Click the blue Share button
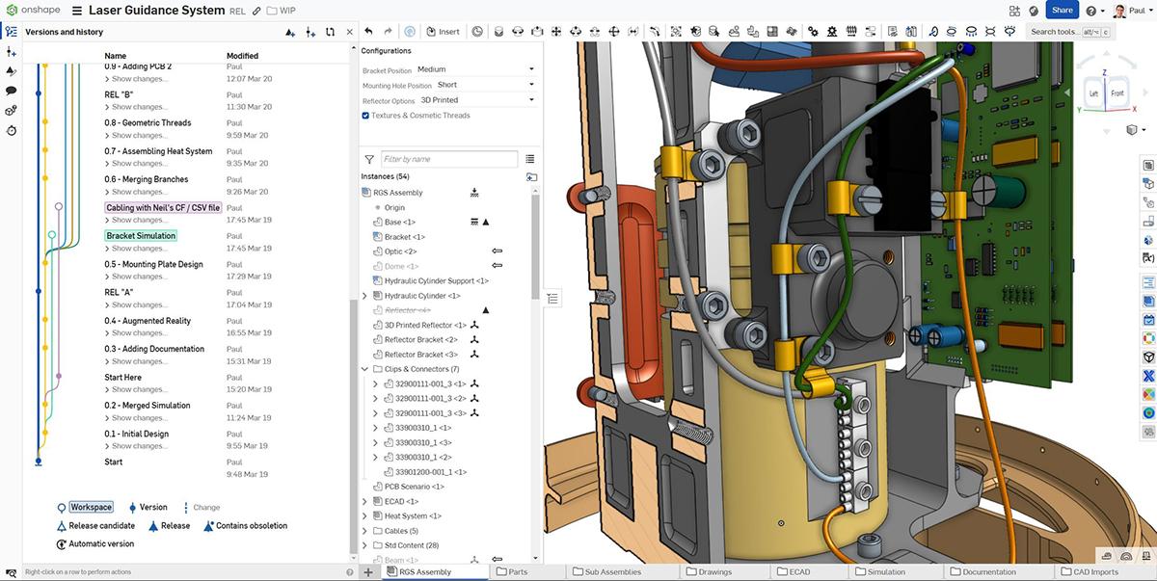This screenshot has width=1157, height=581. [1062, 11]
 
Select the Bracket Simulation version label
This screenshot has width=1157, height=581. [141, 236]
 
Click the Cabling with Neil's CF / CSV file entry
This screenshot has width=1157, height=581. [163, 207]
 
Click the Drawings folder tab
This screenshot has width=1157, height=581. [714, 572]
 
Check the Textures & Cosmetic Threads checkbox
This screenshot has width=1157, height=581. [365, 116]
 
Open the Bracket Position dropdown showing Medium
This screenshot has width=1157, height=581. [474, 69]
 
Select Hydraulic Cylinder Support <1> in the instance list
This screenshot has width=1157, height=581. [436, 281]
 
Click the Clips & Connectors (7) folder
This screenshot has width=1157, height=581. [421, 369]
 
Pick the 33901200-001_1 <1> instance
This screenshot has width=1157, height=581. [430, 472]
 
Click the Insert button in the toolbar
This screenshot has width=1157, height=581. [444, 31]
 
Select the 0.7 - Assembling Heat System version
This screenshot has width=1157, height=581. [158, 151]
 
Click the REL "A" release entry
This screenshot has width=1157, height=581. [119, 292]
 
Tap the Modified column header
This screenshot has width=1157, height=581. [242, 56]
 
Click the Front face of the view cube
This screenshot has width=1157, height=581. [1117, 93]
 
